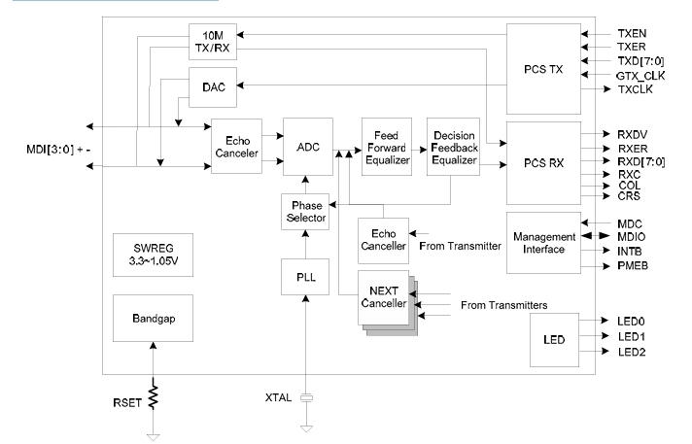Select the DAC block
[x=212, y=86]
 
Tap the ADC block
[x=306, y=147]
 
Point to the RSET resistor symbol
[x=153, y=398]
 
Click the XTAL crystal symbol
[x=306, y=398]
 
